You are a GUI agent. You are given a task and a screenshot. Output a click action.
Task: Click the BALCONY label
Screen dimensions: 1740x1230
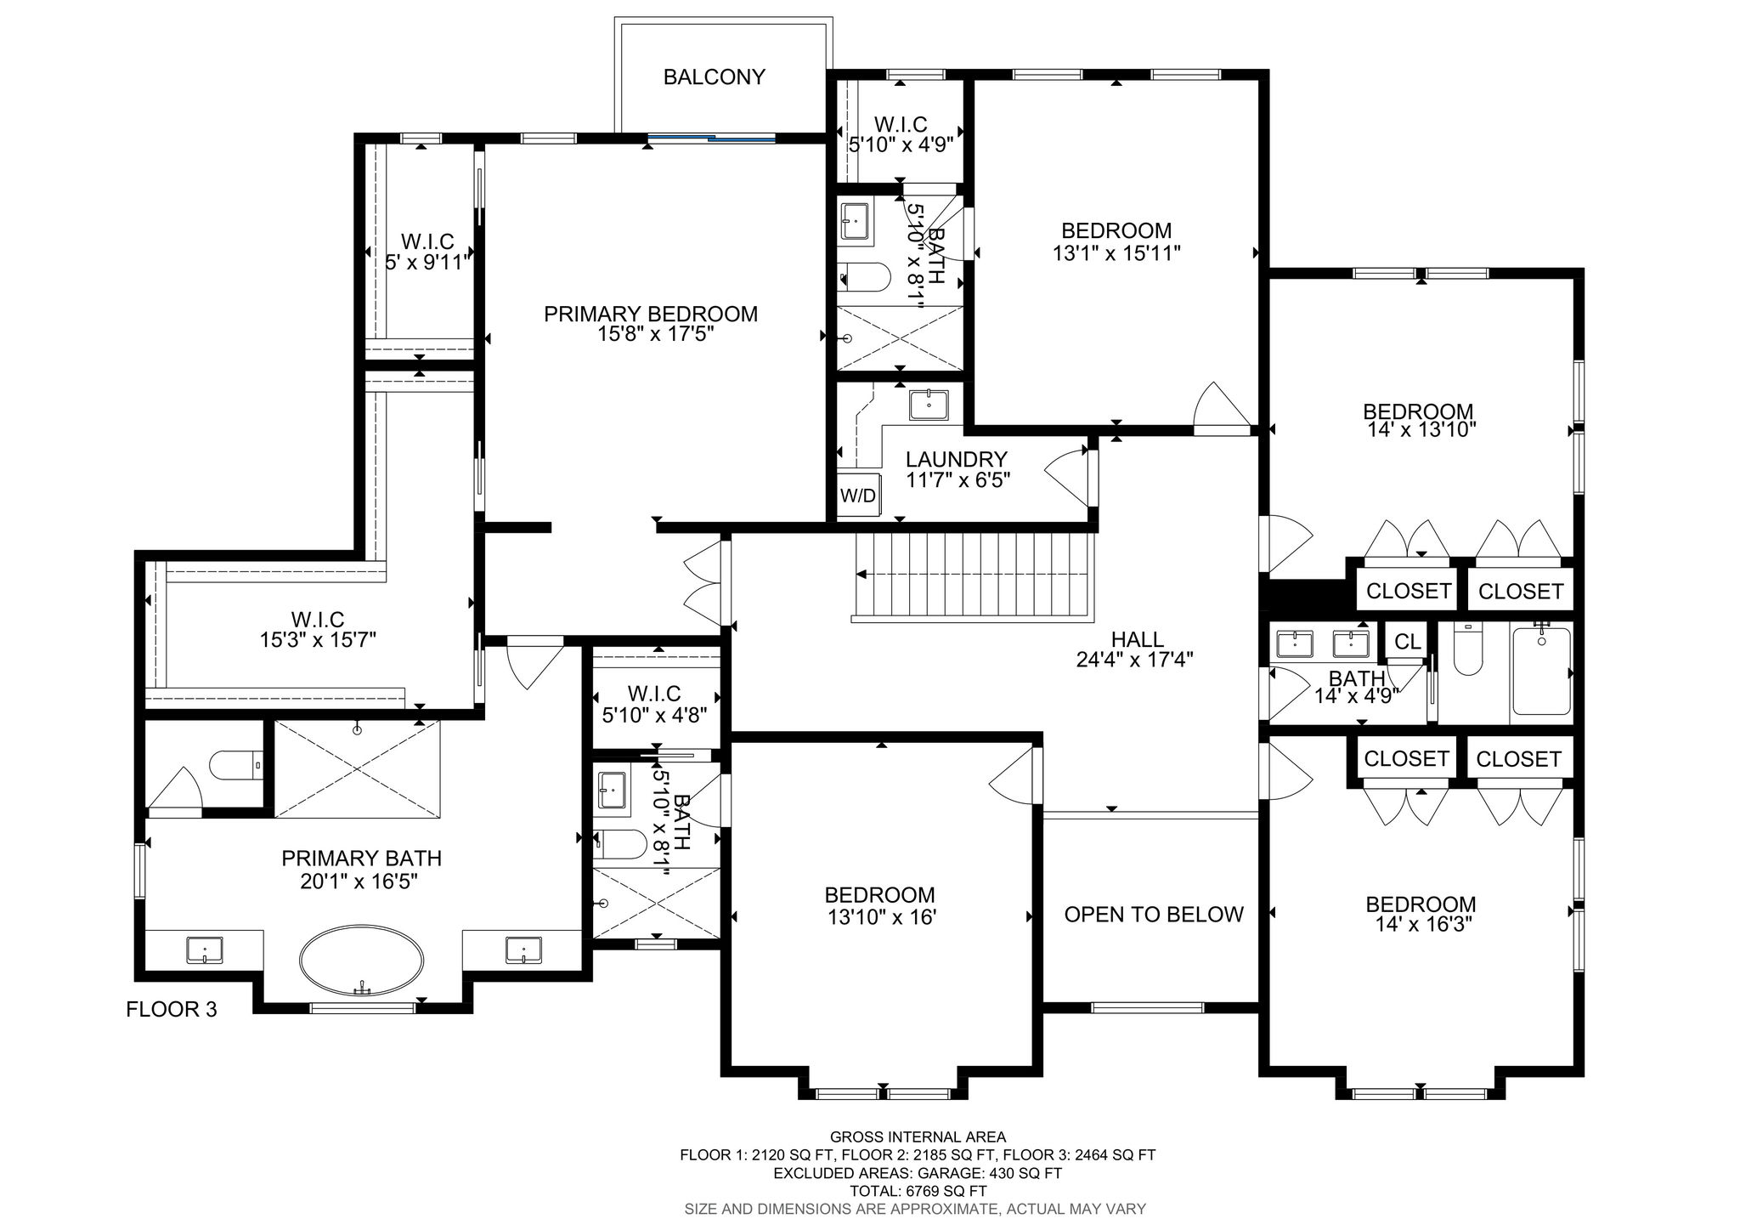point(714,77)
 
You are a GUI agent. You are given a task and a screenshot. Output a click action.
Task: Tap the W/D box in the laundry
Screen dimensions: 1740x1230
point(858,495)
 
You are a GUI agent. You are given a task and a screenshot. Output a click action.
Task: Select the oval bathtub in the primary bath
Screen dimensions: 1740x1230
point(361,961)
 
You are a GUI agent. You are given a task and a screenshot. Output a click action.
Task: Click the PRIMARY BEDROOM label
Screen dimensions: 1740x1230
point(651,315)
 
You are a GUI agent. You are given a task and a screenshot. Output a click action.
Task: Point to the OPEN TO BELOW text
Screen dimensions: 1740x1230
point(1154,915)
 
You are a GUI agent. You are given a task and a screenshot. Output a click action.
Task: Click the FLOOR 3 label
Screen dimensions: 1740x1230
point(172,1010)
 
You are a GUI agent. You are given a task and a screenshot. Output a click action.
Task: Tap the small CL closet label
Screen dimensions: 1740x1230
point(1408,642)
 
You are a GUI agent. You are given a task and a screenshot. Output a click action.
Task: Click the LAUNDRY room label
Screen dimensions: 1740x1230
point(957,460)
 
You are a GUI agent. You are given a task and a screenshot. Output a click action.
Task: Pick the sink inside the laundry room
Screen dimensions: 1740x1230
point(929,404)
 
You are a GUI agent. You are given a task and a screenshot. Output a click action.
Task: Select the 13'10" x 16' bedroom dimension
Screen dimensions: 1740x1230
point(880,917)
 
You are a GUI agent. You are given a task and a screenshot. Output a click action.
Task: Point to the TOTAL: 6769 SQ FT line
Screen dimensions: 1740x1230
point(918,1191)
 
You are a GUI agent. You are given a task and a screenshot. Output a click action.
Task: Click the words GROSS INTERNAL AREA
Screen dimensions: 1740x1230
point(918,1136)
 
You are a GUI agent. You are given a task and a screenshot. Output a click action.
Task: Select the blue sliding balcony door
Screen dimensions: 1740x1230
point(711,136)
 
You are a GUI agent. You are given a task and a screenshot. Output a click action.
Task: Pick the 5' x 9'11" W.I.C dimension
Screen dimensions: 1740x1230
point(427,263)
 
